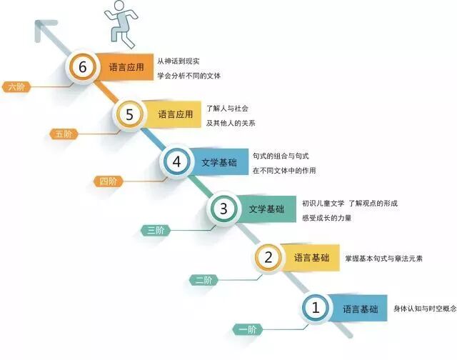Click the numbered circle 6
pyautogui.click(x=83, y=68)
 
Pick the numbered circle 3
pyautogui.click(x=223, y=209)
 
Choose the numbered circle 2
pyautogui.click(x=268, y=258)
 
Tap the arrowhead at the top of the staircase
pyautogui.click(x=44, y=30)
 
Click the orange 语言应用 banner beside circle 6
pyautogui.click(x=126, y=68)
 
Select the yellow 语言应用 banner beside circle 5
pyautogui.click(x=174, y=114)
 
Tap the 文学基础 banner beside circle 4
pyautogui.click(x=219, y=161)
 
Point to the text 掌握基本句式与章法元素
pyautogui.click(x=383, y=258)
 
